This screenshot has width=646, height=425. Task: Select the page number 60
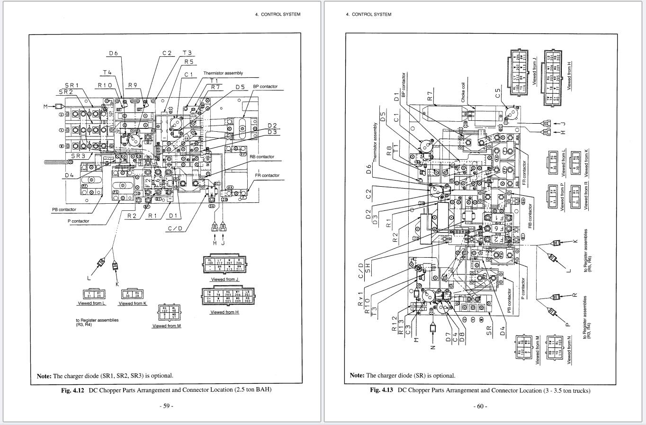click(x=480, y=406)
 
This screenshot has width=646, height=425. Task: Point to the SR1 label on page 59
click(x=72, y=85)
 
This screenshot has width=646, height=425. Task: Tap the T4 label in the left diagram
click(x=108, y=72)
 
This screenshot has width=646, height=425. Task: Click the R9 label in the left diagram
click(x=133, y=85)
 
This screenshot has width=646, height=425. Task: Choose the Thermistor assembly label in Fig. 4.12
click(x=223, y=73)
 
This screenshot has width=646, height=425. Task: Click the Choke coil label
click(x=463, y=93)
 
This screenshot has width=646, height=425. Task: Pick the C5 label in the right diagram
click(x=498, y=94)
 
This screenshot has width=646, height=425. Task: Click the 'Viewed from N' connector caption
click(x=569, y=351)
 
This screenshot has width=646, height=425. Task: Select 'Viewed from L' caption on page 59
click(x=91, y=303)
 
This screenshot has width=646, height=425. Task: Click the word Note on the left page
click(x=44, y=376)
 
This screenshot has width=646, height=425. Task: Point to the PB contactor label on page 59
click(x=64, y=209)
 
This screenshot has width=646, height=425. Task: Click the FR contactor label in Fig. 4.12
click(x=267, y=175)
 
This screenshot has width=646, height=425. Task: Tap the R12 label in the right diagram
click(x=395, y=322)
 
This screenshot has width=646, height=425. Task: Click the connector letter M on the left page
click(x=46, y=106)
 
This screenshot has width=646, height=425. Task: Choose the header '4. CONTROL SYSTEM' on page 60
click(x=368, y=14)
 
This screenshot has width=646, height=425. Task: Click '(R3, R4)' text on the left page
click(x=83, y=325)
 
